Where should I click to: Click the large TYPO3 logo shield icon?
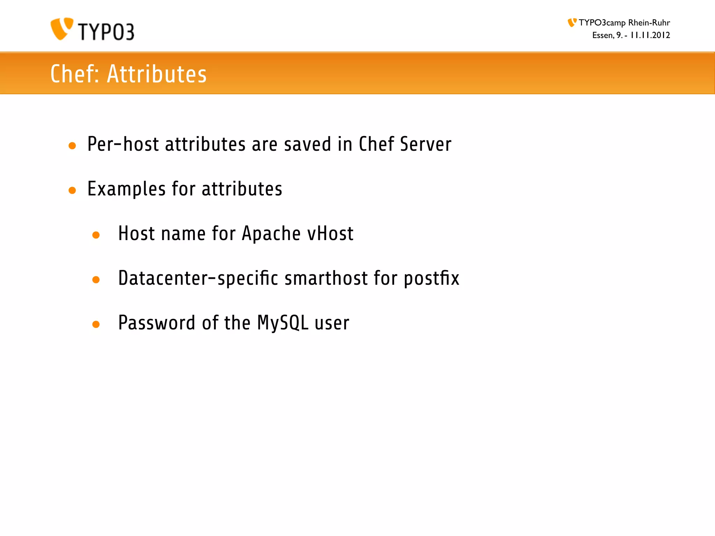point(61,29)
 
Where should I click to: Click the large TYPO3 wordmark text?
point(106,32)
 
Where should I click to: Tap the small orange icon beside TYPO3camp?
point(572,23)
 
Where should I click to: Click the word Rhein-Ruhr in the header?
point(649,23)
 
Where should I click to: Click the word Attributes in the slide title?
point(157,74)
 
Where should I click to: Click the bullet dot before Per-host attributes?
point(72,146)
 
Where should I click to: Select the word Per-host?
point(123,144)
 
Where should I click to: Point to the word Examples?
point(126,189)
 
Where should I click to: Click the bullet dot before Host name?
point(96,235)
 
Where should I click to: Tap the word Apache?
point(271,233)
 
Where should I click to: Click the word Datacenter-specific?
point(198,278)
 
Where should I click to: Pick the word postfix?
point(432,278)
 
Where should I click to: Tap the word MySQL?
point(283,323)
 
